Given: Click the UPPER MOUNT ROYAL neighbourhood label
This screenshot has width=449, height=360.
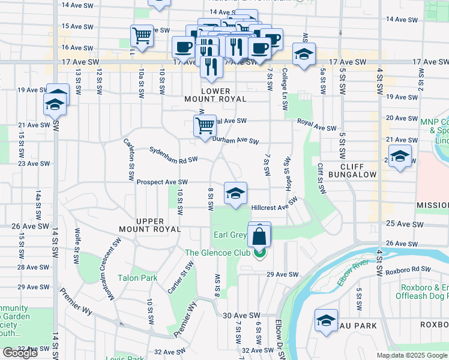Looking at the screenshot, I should [x=149, y=225].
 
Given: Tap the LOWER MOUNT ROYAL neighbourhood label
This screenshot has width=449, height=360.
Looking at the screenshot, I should [x=224, y=95].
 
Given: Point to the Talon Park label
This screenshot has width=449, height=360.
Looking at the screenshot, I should [x=137, y=278].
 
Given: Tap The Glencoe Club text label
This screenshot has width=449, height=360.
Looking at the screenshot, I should [x=217, y=253].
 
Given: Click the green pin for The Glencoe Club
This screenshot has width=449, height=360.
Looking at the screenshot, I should [x=259, y=253].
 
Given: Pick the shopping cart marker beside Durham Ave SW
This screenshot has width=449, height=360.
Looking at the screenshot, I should [x=205, y=127].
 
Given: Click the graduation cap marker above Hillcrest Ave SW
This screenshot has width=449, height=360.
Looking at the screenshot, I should [x=235, y=193].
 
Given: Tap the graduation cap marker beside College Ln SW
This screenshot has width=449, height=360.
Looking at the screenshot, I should [x=304, y=55].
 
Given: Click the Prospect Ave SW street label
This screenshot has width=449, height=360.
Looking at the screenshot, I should [x=162, y=182].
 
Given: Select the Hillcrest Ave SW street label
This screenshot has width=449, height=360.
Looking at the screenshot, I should [x=274, y=205].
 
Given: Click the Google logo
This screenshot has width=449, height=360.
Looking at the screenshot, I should [x=20, y=353].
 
